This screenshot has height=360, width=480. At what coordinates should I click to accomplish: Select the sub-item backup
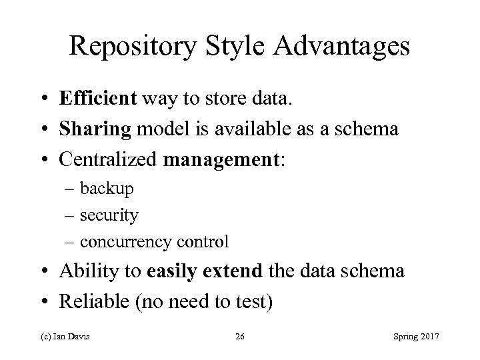pos(107,189)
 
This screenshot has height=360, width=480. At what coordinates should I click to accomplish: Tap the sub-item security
pos(109,215)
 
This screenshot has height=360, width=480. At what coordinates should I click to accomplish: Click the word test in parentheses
pos(250,301)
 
